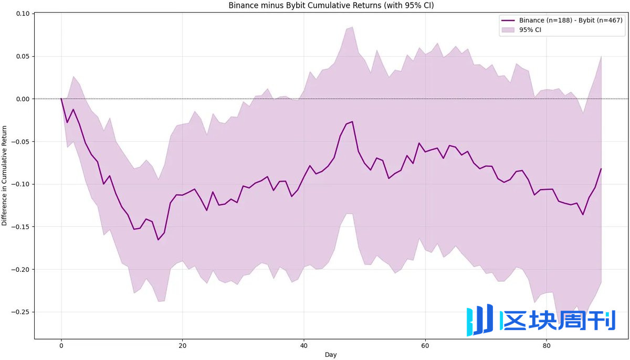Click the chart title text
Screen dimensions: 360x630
(x=331, y=5)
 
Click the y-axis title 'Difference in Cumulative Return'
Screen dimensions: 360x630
(x=5, y=175)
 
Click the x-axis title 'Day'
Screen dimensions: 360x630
(x=331, y=355)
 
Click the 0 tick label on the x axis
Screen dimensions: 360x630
(x=61, y=346)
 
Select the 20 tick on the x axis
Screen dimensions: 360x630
(x=183, y=346)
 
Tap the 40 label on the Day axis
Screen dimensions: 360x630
(x=304, y=346)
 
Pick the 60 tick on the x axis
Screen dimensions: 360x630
(x=425, y=346)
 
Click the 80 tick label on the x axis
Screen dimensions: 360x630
(x=547, y=346)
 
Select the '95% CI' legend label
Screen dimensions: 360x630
(x=530, y=30)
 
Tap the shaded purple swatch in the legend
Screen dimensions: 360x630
(x=508, y=30)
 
